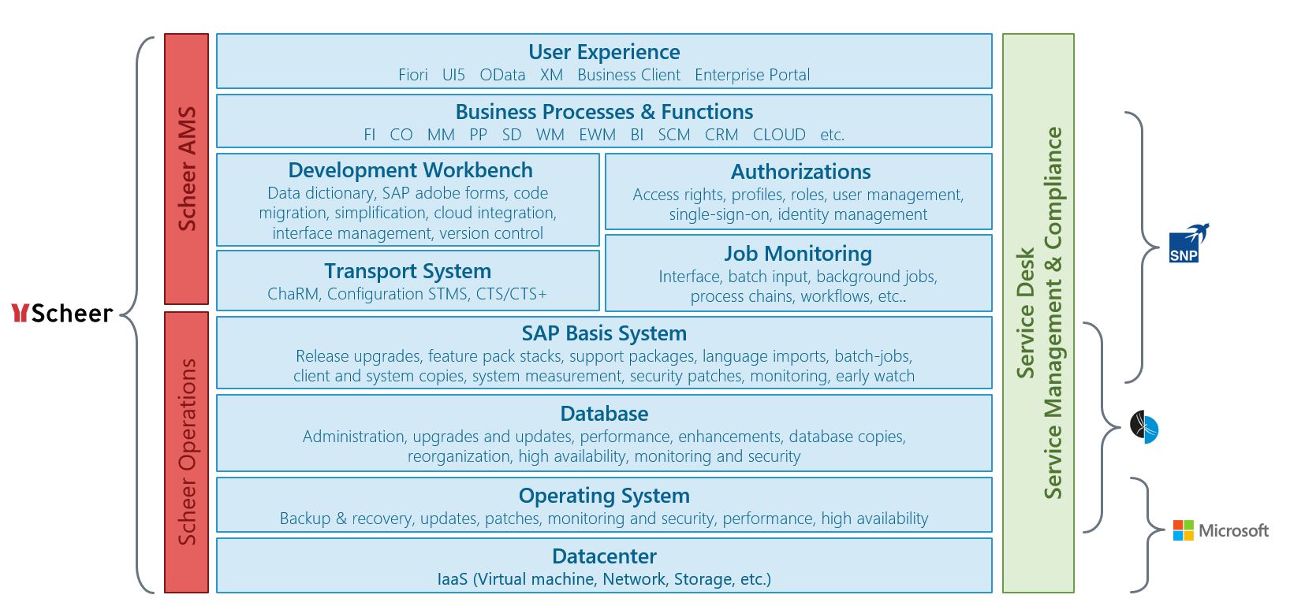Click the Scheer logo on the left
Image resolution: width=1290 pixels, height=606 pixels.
pos(62,313)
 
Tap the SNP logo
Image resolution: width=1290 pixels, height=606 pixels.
pos(1188,244)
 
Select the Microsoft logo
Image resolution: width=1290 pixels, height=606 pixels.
pos(1221,530)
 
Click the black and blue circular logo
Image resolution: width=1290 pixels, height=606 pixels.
pos(1143,427)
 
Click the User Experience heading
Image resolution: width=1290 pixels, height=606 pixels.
pos(604,52)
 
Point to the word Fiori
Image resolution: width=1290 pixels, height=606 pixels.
pos(413,75)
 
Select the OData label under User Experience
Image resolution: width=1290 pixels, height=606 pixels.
pos(502,75)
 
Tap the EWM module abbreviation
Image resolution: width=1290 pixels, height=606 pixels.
pos(597,135)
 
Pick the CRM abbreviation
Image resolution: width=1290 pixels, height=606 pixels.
pos(721,135)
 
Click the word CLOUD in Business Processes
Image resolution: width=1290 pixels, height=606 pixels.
pos(779,135)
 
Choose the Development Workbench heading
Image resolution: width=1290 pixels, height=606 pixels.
pos(411,170)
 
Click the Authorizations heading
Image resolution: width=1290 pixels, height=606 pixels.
pos(800,172)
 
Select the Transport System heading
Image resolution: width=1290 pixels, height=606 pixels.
pos(408,271)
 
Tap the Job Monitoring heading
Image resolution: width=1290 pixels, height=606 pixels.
pos(798,254)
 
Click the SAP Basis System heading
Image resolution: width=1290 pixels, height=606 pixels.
pos(604,333)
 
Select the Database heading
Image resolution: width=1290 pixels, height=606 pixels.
pos(604,414)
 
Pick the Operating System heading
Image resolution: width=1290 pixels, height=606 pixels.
pos(604,496)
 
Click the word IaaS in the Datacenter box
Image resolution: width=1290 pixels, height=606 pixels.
pos(453,579)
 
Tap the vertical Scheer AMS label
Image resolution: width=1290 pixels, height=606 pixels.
pos(187,169)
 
